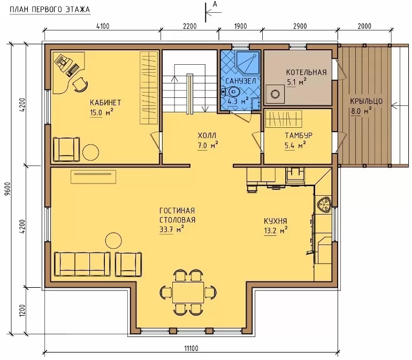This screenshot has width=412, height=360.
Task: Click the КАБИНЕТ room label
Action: [x=105, y=102]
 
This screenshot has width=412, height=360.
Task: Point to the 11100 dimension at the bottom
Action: [x=191, y=348]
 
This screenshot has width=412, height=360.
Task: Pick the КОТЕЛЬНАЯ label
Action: [x=307, y=72]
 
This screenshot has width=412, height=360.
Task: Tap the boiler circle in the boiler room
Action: [x=276, y=94]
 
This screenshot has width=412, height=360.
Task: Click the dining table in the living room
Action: [x=188, y=292]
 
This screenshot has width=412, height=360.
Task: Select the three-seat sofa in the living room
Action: [x=82, y=264]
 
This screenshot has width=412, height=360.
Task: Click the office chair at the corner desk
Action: [x=80, y=84]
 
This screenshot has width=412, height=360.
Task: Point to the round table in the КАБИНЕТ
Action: [x=90, y=152]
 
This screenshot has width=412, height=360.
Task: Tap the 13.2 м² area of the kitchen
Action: [x=276, y=231]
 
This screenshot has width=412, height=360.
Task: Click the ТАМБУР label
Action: [x=299, y=135]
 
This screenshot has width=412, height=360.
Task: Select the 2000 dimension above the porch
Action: [x=364, y=26]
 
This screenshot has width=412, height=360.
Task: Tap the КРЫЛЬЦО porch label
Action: [x=367, y=101]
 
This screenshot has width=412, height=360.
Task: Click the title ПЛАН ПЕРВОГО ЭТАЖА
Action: [x=50, y=10]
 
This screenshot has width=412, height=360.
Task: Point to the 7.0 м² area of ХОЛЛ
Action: [x=208, y=145]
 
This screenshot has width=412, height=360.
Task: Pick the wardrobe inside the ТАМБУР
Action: [x=284, y=119]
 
